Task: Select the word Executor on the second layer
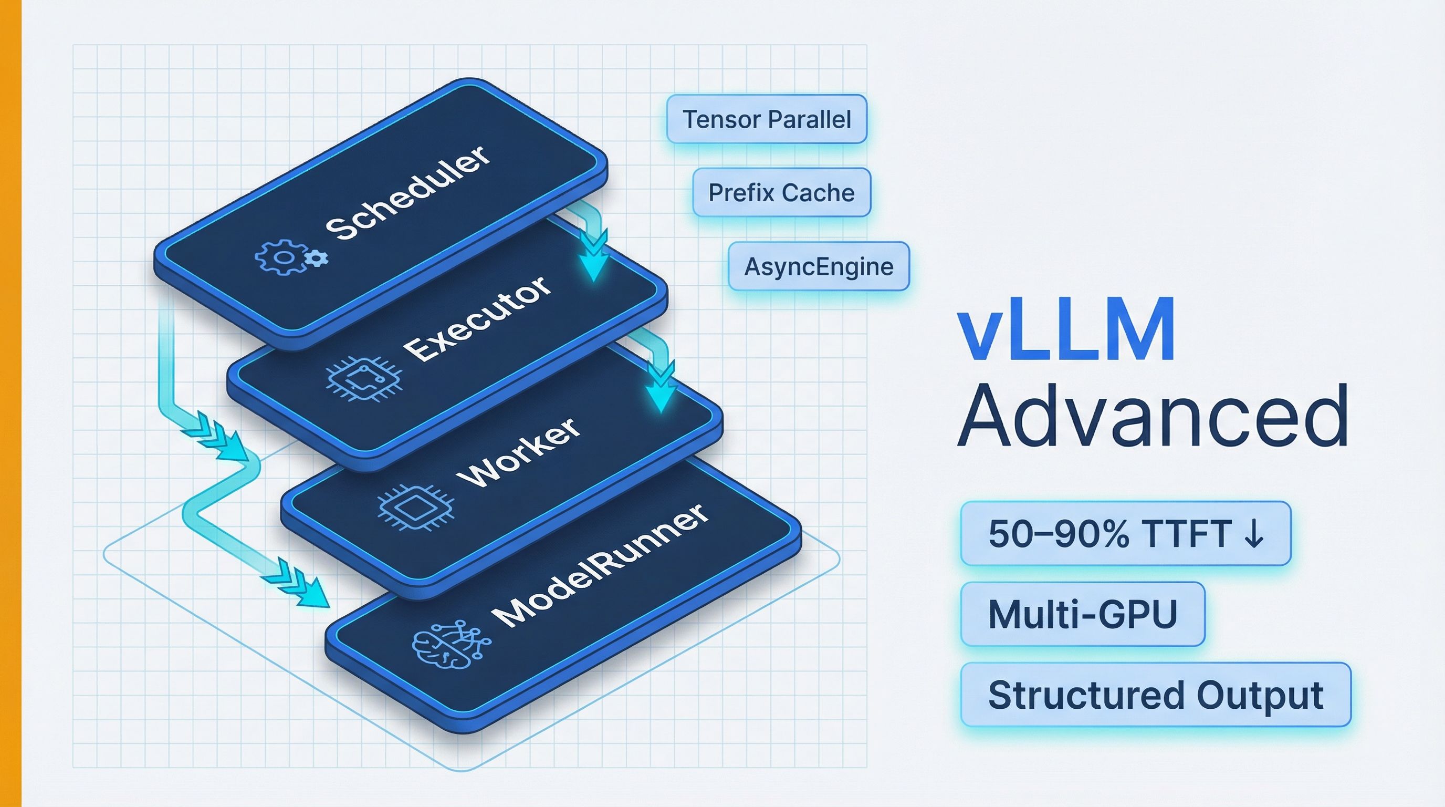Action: click(477, 318)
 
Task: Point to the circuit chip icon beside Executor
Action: click(363, 380)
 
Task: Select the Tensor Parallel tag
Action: click(766, 119)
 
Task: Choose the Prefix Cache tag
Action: click(781, 192)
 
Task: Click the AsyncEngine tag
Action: click(818, 266)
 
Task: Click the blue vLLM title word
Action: click(1065, 331)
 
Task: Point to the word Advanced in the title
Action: click(1152, 417)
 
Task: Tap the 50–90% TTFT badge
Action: click(1125, 533)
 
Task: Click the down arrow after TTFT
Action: click(1253, 534)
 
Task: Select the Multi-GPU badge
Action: click(1082, 614)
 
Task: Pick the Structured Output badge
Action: click(1155, 695)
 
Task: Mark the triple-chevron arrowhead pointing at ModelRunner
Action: click(303, 587)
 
